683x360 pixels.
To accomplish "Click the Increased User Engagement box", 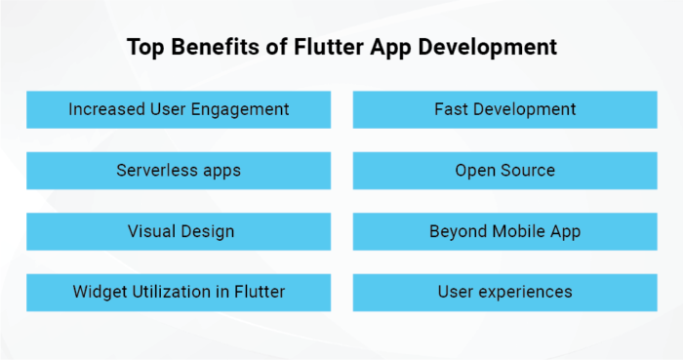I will click(x=179, y=109).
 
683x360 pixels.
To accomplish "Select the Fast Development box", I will click(x=504, y=109).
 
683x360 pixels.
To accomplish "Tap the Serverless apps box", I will click(x=179, y=171).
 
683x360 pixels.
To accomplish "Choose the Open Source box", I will click(x=504, y=171).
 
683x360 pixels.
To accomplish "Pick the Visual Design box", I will click(x=179, y=231).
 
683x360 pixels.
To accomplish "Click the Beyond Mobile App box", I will click(x=504, y=231).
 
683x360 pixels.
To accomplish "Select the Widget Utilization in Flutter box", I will click(x=179, y=292).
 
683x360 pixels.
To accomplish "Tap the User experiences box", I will click(x=504, y=292).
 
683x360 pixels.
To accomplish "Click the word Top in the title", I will click(x=144, y=47).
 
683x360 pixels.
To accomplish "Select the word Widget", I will click(x=100, y=292).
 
